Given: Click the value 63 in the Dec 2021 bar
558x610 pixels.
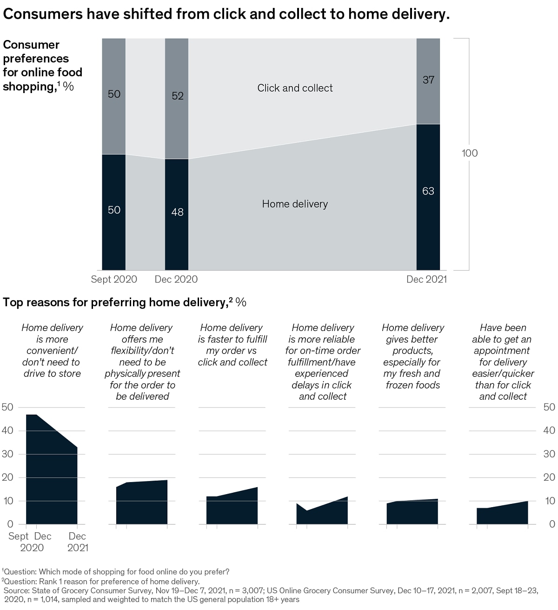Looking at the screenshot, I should click(x=428, y=191).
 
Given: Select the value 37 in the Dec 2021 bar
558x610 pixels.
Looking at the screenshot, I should click(x=428, y=80).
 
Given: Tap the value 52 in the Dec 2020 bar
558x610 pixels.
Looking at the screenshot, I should click(x=177, y=96).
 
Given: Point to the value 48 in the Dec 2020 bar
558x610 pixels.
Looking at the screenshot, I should click(x=177, y=212).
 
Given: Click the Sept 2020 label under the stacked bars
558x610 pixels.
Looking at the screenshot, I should click(x=114, y=279).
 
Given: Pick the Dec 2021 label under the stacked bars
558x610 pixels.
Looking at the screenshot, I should click(x=426, y=279).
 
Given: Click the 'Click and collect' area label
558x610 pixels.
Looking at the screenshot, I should click(x=295, y=88).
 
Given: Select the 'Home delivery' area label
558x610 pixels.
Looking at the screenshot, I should click(x=295, y=204).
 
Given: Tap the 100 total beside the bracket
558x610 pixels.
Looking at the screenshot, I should click(x=469, y=153).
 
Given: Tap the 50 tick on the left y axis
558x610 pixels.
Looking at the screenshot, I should click(x=8, y=407).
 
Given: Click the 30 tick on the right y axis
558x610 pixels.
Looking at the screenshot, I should click(x=549, y=454).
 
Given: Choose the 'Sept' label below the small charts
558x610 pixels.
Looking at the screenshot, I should click(x=18, y=536).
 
